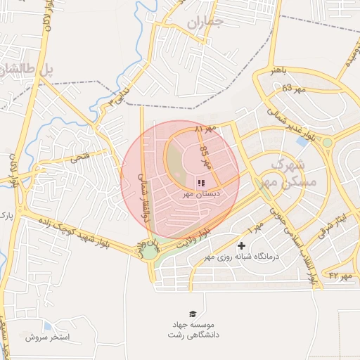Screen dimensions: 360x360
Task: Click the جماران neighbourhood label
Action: tap(205, 22)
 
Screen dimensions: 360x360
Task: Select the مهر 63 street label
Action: tap(295, 89)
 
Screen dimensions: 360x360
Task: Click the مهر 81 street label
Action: tap(207, 130)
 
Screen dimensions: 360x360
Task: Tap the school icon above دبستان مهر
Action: tap(202, 182)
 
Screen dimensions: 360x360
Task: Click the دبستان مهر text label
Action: tap(202, 193)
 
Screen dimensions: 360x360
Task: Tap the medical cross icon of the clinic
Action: tap(242, 245)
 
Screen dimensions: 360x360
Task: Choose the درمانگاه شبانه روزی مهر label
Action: tap(242, 257)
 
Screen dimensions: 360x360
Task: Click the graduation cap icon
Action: tap(192, 314)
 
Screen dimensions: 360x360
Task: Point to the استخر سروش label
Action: tap(47, 337)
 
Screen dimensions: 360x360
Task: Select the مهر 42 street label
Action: tap(340, 276)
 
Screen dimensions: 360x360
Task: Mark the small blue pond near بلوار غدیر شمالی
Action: tap(302, 141)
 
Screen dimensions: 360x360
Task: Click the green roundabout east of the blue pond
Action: tap(327, 143)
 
